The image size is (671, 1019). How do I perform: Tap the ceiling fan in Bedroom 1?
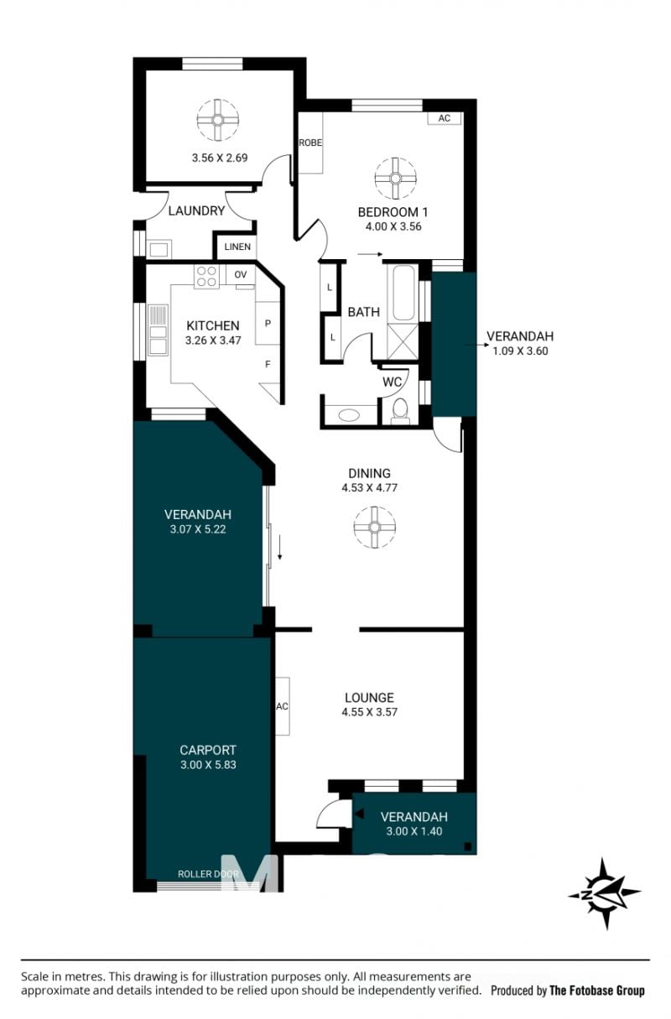pyautogui.click(x=395, y=179)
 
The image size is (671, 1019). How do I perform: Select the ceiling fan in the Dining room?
pyautogui.click(x=374, y=528)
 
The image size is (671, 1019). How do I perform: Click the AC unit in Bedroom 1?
pyautogui.click(x=445, y=118)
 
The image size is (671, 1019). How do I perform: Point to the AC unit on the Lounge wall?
pyautogui.click(x=283, y=706)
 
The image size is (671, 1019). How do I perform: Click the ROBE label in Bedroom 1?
pyautogui.click(x=310, y=143)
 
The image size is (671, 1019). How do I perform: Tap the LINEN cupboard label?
pyautogui.click(x=237, y=247)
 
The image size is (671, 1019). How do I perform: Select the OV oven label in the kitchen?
pyautogui.click(x=241, y=274)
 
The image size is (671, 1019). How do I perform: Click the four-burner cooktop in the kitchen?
pyautogui.click(x=206, y=276)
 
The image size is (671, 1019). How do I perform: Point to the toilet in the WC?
pyautogui.click(x=400, y=409)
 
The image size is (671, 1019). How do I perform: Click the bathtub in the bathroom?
pyautogui.click(x=403, y=293)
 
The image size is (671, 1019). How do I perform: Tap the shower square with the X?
pyautogui.click(x=402, y=341)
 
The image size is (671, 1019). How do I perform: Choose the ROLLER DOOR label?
pyautogui.click(x=208, y=874)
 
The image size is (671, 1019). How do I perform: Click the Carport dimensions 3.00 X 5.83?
pyautogui.click(x=208, y=765)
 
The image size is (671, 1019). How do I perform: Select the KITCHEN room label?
pyautogui.click(x=213, y=325)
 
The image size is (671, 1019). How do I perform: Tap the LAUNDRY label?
pyautogui.click(x=196, y=211)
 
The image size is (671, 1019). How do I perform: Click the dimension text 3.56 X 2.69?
pyautogui.click(x=220, y=158)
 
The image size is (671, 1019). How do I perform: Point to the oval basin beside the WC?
pyautogui.click(x=349, y=415)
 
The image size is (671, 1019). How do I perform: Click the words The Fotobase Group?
pyautogui.click(x=597, y=990)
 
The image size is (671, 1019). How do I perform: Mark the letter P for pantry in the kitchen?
pyautogui.click(x=268, y=324)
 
